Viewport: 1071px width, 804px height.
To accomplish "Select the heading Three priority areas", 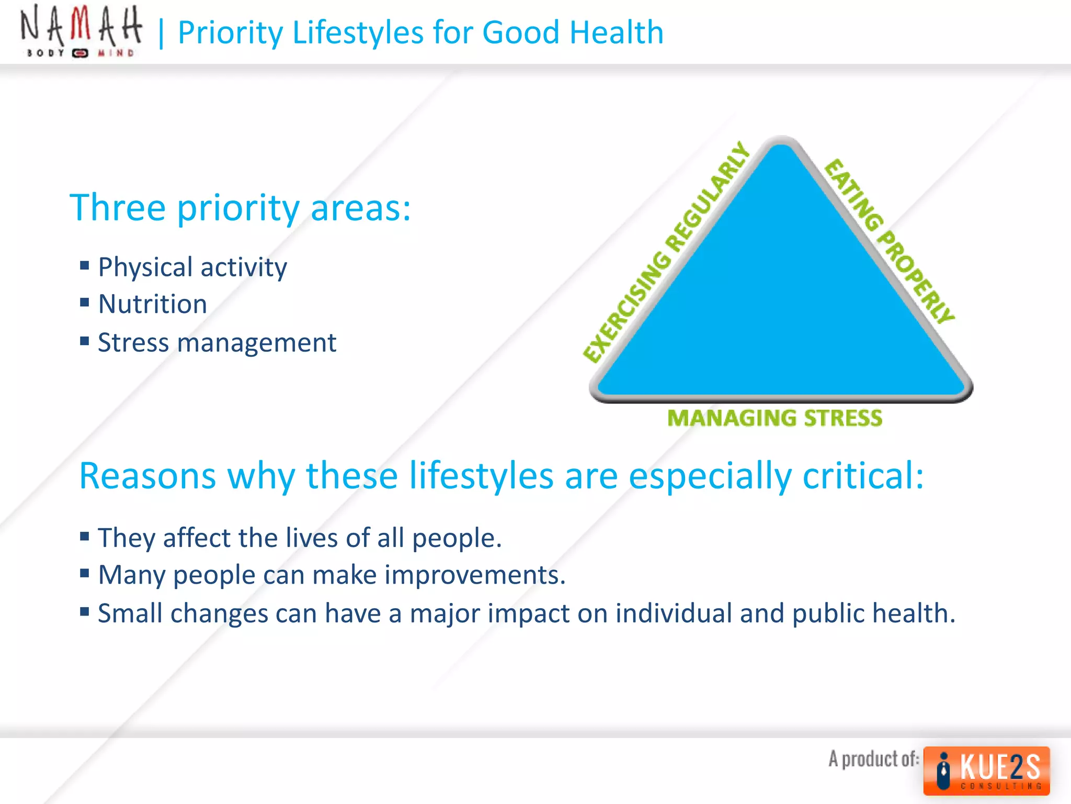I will coord(240,208).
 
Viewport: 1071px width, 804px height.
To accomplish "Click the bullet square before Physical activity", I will coord(85,265).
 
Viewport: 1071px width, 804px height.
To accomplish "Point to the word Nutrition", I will coord(153,304).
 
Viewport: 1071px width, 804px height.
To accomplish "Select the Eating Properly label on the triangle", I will coord(890,241).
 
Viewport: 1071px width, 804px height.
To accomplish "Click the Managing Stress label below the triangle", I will coord(774,418).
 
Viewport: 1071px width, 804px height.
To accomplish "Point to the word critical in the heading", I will coord(863,476).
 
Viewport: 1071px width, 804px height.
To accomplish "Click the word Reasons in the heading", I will coord(147,476).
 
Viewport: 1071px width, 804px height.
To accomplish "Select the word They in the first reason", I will coord(127,538).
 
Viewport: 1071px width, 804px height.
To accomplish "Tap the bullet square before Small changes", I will coord(85,611).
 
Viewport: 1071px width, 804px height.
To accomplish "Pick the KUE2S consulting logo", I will coord(986,770).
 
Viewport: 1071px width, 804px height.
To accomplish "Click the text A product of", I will coord(873,759).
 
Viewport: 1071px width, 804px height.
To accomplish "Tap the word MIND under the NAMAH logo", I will coord(116,53).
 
